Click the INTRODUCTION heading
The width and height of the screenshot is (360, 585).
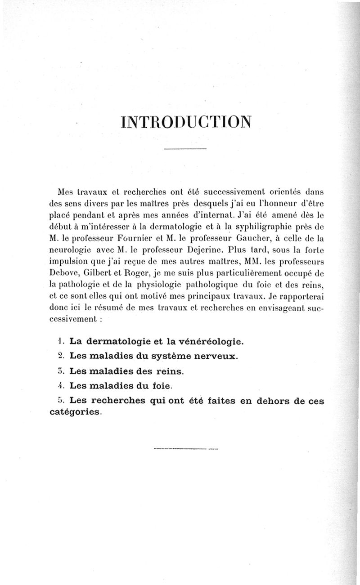(185, 122)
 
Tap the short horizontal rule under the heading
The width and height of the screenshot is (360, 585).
(185, 149)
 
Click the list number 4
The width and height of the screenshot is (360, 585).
(63, 385)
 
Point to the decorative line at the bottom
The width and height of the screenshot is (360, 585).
(185, 448)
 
